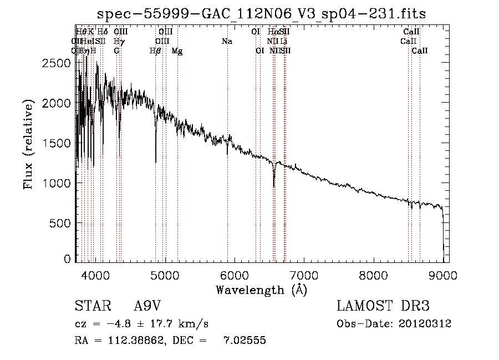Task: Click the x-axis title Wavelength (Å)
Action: coord(261,290)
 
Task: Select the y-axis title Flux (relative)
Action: coord(28,144)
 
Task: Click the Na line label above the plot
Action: coord(227,41)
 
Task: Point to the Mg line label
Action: coord(177,51)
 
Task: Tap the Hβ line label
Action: coord(155,51)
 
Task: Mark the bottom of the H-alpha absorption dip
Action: coord(274,186)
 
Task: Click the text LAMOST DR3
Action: coord(383,307)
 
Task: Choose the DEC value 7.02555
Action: coord(245,341)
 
